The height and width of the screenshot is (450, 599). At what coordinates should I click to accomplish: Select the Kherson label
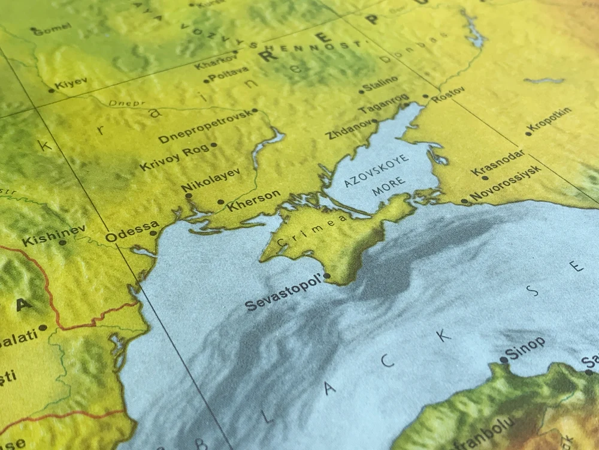pyautogui.click(x=254, y=200)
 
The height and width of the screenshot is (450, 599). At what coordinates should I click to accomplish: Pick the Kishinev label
pyautogui.click(x=54, y=235)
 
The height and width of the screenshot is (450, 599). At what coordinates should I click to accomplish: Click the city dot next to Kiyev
pyautogui.click(x=52, y=91)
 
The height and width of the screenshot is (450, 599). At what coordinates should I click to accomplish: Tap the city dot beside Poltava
pyautogui.click(x=206, y=80)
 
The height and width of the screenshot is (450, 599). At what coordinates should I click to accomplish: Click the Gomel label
pyautogui.click(x=53, y=28)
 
